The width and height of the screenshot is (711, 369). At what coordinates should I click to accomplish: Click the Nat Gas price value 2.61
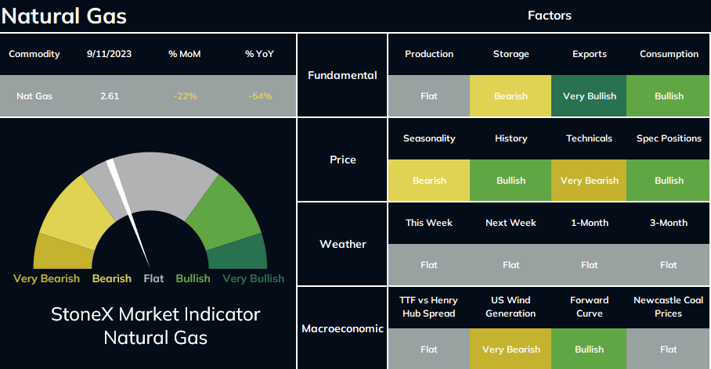pyautogui.click(x=110, y=96)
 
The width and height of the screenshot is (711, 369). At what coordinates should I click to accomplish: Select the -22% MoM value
pyautogui.click(x=185, y=96)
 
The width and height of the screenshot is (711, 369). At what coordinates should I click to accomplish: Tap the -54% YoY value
pyautogui.click(x=260, y=96)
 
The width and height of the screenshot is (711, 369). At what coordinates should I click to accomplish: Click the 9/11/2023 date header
pyautogui.click(x=110, y=54)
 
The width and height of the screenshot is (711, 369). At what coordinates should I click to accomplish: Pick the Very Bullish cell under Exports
pyautogui.click(x=589, y=96)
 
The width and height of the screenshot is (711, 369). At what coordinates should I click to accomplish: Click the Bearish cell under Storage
pyautogui.click(x=511, y=96)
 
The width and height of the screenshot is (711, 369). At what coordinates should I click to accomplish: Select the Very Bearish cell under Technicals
pyautogui.click(x=589, y=180)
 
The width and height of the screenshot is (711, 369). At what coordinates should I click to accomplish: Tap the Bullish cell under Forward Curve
pyautogui.click(x=589, y=349)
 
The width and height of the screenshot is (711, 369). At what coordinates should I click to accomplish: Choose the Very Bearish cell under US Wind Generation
pyautogui.click(x=511, y=349)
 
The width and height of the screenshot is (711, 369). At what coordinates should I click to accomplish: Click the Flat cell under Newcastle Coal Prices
pyautogui.click(x=669, y=349)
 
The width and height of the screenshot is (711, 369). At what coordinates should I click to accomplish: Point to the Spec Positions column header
pyautogui.click(x=669, y=138)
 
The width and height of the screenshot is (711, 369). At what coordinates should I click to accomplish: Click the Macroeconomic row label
pyautogui.click(x=343, y=328)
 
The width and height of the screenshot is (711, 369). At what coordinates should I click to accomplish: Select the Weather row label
pyautogui.click(x=343, y=244)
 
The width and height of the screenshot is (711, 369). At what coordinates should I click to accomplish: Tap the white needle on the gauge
pyautogui.click(x=128, y=213)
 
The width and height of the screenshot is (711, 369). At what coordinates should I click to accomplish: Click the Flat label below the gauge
pyautogui.click(x=153, y=278)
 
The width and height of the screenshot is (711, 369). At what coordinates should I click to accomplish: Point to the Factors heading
pyautogui.click(x=550, y=16)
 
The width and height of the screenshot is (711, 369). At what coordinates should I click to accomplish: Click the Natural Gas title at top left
pyautogui.click(x=64, y=16)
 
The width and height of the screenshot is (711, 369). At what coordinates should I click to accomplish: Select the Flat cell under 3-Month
pyautogui.click(x=669, y=265)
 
